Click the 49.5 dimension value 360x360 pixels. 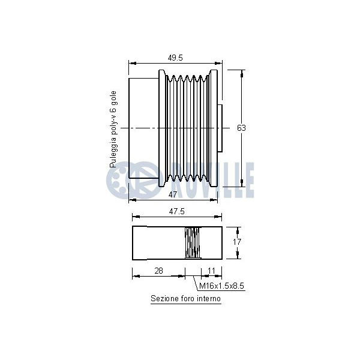[x=175, y=58]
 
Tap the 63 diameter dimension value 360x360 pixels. [x=241, y=128]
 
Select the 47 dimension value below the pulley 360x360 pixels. [x=173, y=194]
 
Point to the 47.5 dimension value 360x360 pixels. [x=176, y=211]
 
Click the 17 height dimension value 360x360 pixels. [x=237, y=242]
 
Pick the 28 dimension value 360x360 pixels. [x=158, y=271]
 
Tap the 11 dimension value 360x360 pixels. [x=211, y=271]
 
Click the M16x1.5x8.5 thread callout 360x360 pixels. [x=221, y=286]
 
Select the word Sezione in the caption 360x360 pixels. [x=162, y=298]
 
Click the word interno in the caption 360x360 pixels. [x=210, y=298]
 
